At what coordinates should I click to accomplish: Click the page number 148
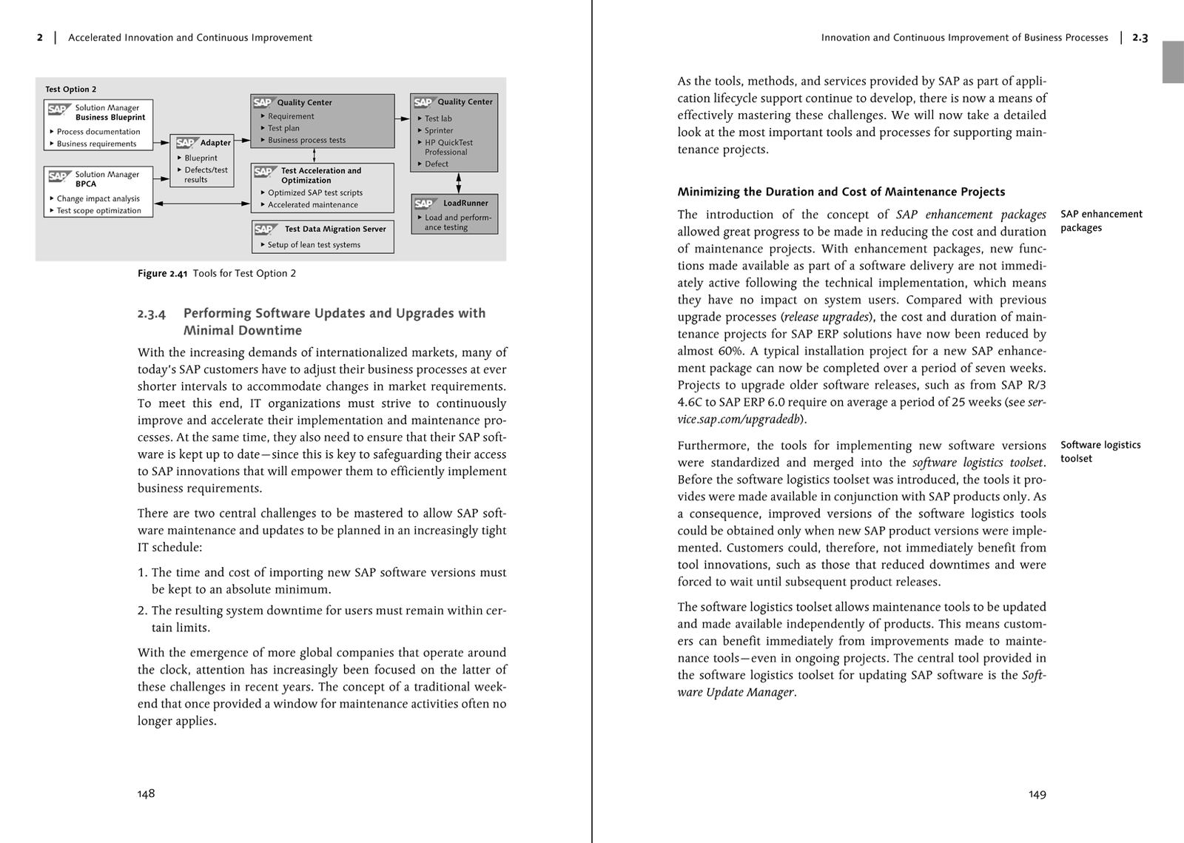click(146, 793)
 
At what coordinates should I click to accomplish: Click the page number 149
click(1037, 794)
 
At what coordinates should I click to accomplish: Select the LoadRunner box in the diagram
click(454, 214)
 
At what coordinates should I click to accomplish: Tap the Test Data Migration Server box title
click(334, 229)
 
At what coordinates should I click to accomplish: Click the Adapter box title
click(215, 143)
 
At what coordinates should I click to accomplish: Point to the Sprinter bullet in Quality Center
click(438, 130)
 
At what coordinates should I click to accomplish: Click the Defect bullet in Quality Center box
click(436, 164)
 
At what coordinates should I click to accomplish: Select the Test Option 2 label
click(70, 89)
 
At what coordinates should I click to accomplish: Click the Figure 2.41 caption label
click(162, 273)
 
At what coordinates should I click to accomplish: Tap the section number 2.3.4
click(152, 314)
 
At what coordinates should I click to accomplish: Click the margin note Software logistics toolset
click(1100, 451)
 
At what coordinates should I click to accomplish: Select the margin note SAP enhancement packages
click(1100, 221)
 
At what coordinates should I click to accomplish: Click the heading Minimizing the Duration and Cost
click(841, 192)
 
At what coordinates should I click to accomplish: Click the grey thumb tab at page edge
click(1173, 62)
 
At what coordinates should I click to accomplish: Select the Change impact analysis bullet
click(98, 198)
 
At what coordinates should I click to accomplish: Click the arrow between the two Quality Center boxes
click(402, 118)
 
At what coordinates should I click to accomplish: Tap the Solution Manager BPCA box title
click(106, 178)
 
